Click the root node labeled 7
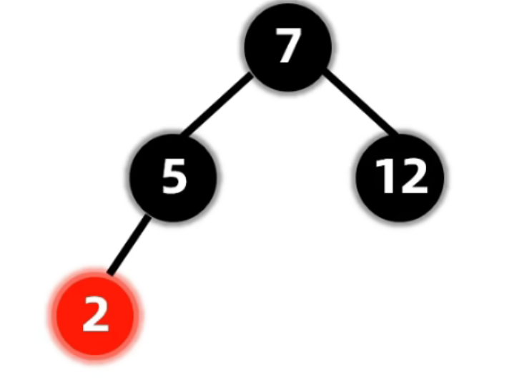tap(287, 48)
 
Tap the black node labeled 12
tap(400, 176)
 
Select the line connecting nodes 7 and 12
tap(359, 102)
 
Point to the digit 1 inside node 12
tap(385, 176)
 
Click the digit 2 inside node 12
tap(413, 176)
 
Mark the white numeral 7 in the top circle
tap(287, 48)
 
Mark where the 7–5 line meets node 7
tap(252, 74)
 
